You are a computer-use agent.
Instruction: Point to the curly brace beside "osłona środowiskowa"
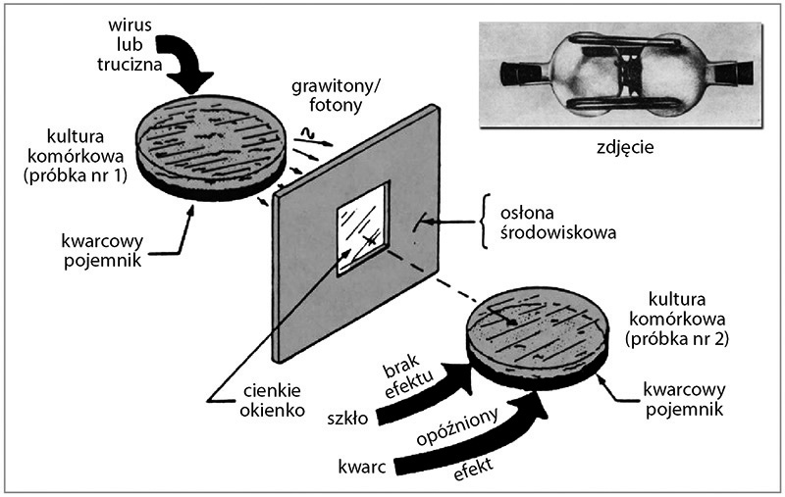(486, 220)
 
